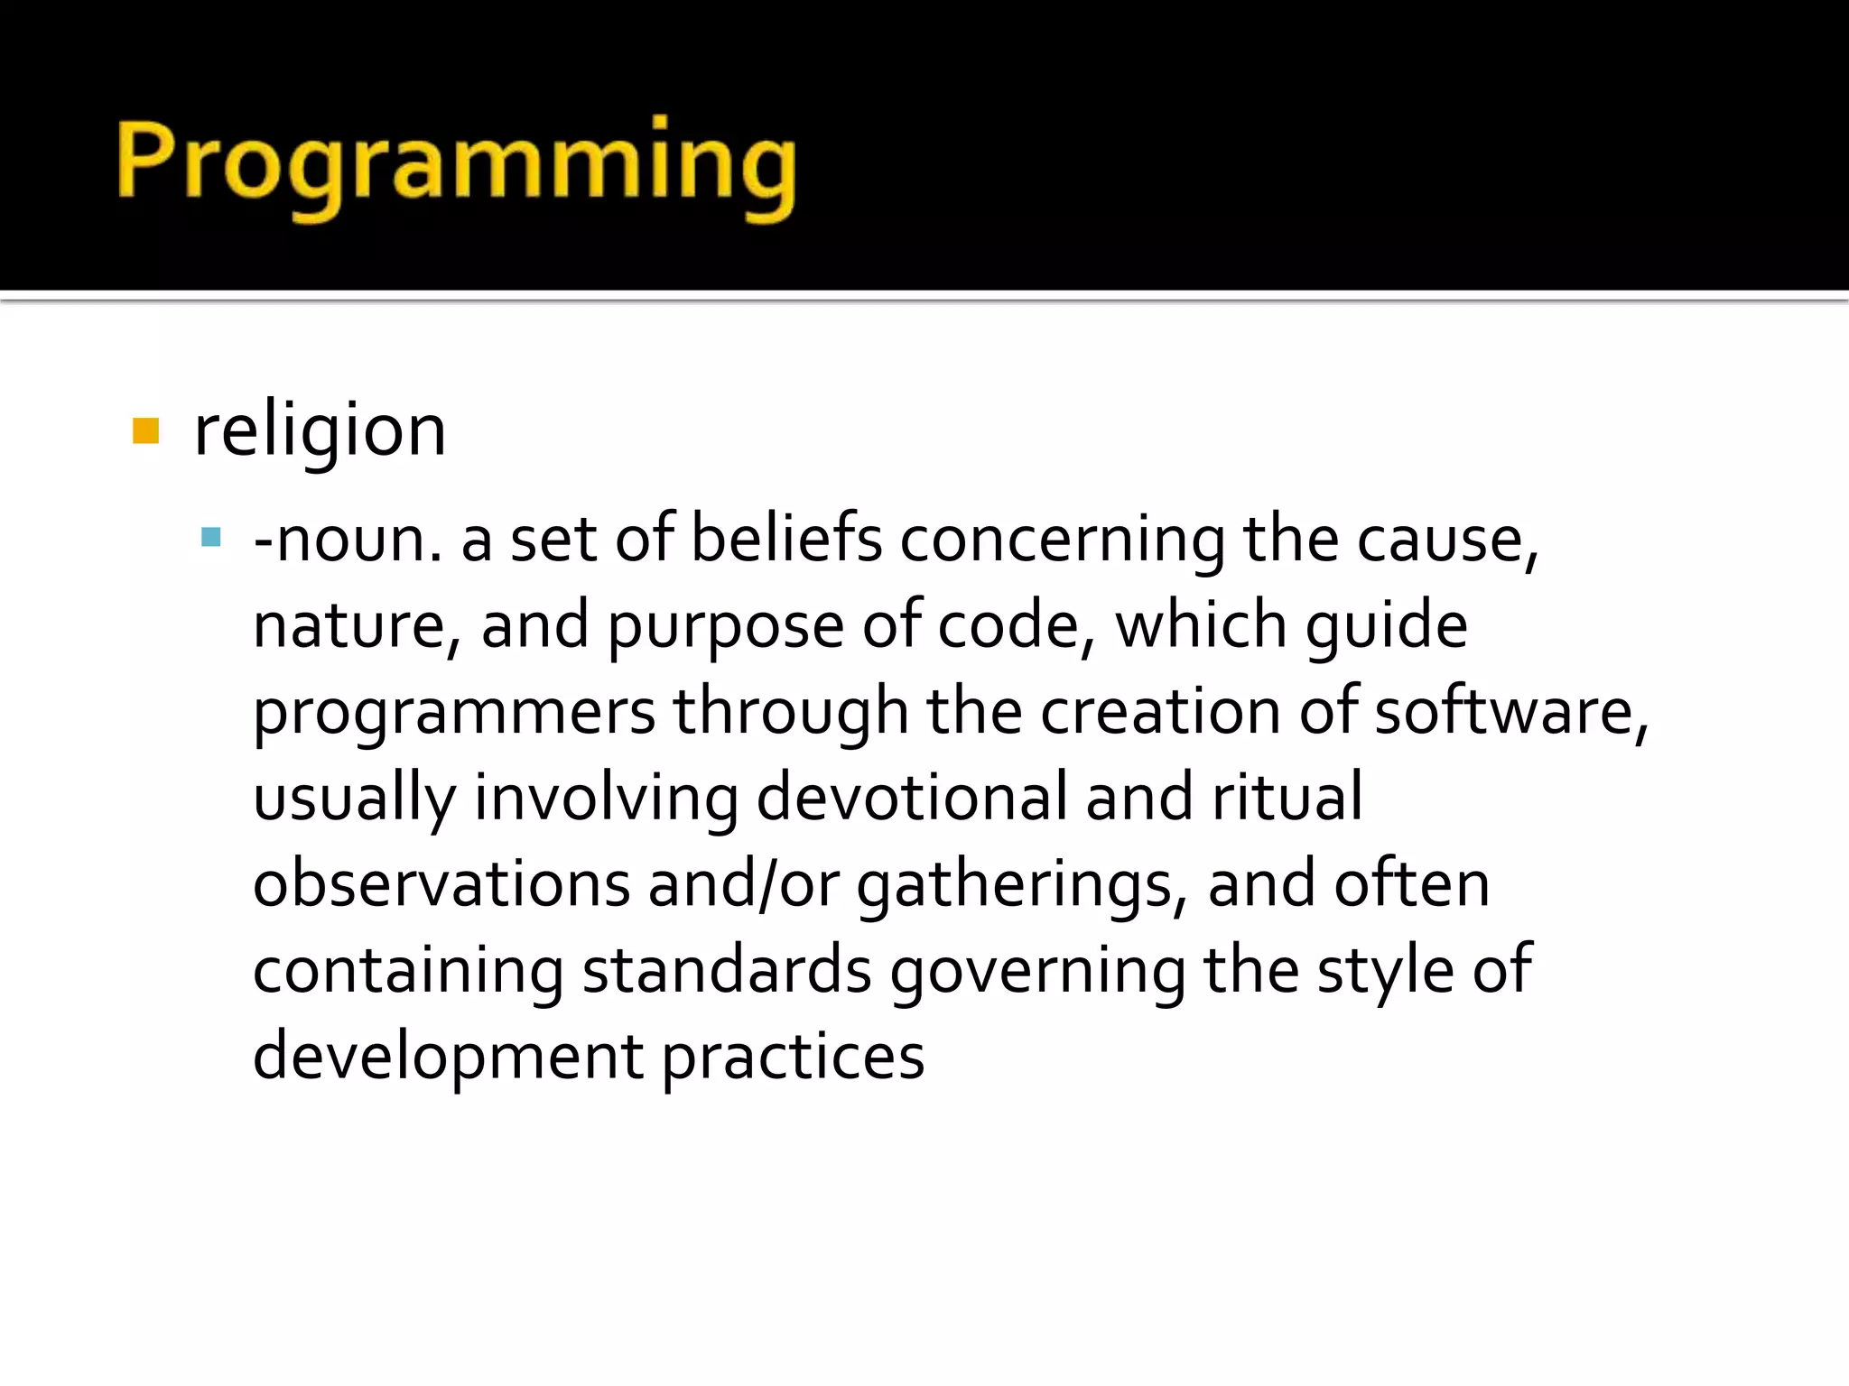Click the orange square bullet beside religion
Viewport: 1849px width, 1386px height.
(x=145, y=430)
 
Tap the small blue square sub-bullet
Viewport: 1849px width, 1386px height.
(x=211, y=539)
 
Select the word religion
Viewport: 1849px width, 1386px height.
(x=320, y=430)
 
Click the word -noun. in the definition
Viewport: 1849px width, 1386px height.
(x=348, y=540)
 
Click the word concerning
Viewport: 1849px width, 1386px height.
(x=1062, y=540)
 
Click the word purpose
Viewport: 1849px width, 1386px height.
(x=725, y=626)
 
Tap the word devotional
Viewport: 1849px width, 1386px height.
(x=911, y=798)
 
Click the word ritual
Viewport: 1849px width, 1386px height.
(x=1287, y=798)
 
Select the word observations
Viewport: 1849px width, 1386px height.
(x=441, y=884)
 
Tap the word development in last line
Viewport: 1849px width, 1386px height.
(x=448, y=1057)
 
